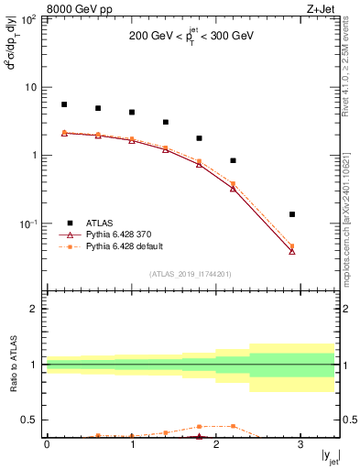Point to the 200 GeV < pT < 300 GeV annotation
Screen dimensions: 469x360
click(x=191, y=39)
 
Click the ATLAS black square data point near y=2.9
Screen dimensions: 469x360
click(x=292, y=214)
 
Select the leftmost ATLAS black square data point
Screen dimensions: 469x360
click(x=64, y=104)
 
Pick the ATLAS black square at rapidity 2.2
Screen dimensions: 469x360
click(x=234, y=160)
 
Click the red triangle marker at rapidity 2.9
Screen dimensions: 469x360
click(x=292, y=250)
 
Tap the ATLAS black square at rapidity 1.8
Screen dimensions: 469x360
click(x=200, y=138)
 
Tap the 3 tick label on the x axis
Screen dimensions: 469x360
click(x=301, y=445)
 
